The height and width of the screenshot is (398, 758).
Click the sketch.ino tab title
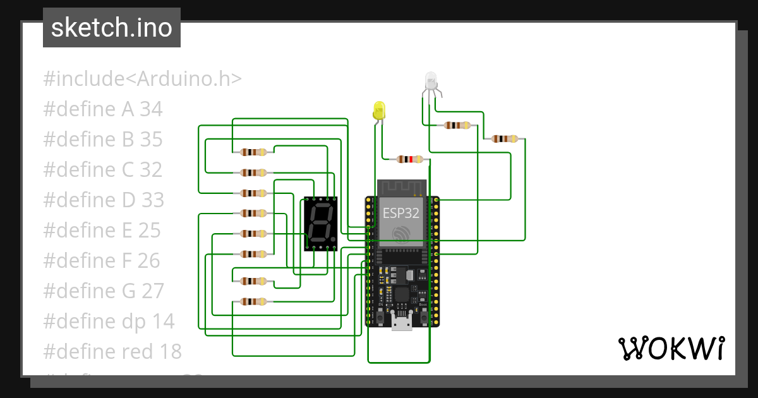point(111,28)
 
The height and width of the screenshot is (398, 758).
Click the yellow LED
point(379,111)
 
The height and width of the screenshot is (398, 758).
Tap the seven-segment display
point(321,224)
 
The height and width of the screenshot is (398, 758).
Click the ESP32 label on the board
point(400,213)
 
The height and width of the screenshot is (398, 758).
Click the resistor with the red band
point(409,159)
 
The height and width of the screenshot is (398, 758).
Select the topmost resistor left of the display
point(253,152)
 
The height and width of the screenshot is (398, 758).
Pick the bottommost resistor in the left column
point(253,301)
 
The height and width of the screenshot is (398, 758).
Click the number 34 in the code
point(151,109)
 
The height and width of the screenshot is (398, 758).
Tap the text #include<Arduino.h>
point(142,79)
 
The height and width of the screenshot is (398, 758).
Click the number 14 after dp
point(163,321)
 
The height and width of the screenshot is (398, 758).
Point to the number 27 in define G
point(152,291)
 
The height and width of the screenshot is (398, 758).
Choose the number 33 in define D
point(152,200)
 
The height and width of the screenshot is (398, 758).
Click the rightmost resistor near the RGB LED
point(505,138)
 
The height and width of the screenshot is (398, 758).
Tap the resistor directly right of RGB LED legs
point(457,125)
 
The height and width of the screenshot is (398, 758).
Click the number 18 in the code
point(169,351)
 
